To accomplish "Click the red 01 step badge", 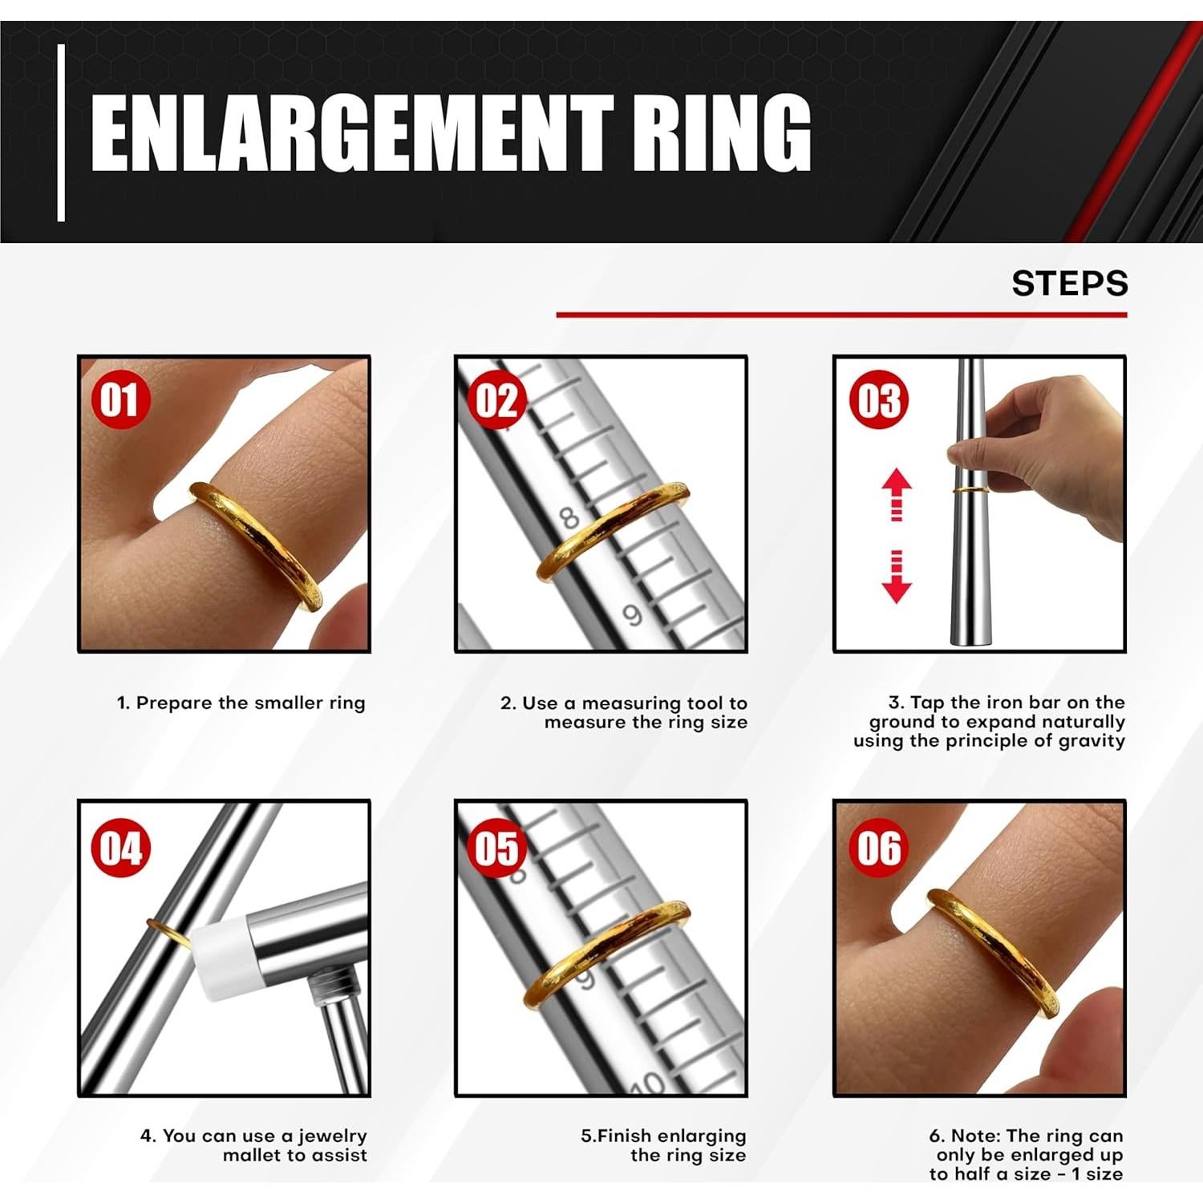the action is click(120, 399).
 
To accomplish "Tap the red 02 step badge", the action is click(497, 399).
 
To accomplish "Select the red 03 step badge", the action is click(879, 399).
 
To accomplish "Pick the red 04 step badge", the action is click(120, 848).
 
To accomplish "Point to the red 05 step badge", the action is click(497, 848).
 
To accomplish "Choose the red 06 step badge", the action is click(879, 848).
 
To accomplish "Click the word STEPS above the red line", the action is click(1070, 283).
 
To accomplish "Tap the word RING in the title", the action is click(720, 133).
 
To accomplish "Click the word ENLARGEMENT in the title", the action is click(352, 133).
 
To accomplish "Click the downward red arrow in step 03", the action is click(897, 577).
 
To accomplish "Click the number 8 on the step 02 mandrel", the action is click(569, 517).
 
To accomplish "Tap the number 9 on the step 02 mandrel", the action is click(633, 615).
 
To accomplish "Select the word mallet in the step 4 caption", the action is click(254, 1155).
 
